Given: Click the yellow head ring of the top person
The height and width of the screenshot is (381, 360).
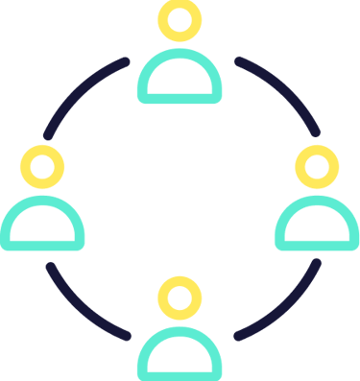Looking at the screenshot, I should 180,6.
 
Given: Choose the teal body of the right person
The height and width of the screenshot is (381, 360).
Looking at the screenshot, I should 317,244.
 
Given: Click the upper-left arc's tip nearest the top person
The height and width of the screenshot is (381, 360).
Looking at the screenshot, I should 126,62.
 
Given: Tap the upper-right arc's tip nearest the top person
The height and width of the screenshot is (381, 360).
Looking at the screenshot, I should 238,62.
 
